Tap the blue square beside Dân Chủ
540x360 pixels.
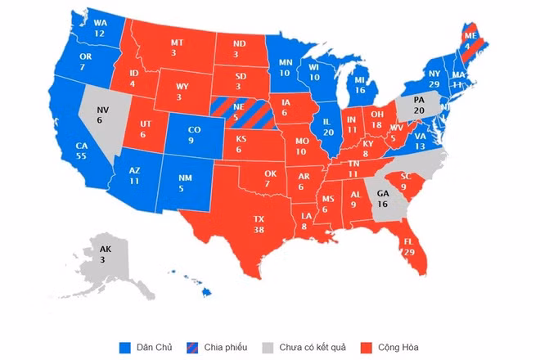pos(124,347)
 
